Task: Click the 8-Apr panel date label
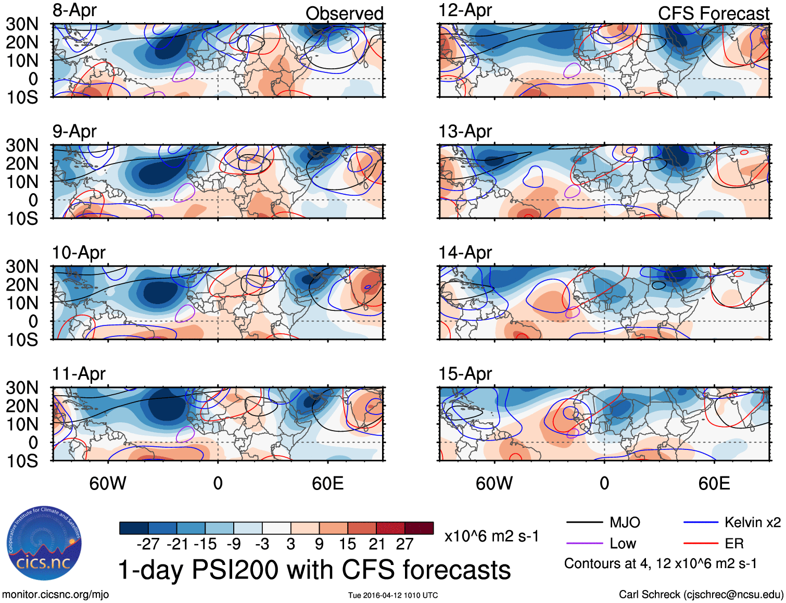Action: click(x=74, y=10)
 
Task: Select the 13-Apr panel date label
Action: click(x=465, y=132)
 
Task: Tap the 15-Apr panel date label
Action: click(x=465, y=374)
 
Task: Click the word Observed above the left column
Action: click(x=344, y=14)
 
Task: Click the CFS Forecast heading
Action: click(x=713, y=14)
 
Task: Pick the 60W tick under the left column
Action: click(x=108, y=483)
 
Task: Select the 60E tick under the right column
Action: click(x=714, y=483)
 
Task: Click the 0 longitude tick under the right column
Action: click(x=604, y=483)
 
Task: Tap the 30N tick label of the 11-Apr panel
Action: click(x=22, y=387)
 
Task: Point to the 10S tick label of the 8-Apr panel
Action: click(x=22, y=97)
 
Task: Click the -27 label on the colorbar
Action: click(x=148, y=544)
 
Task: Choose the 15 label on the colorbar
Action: click(x=348, y=544)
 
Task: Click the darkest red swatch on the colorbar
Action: click(x=419, y=528)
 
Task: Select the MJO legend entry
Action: click(x=625, y=522)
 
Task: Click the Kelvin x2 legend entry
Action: click(x=752, y=522)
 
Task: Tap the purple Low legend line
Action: click(x=585, y=544)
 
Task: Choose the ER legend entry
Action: click(x=734, y=544)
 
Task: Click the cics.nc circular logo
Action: click(x=44, y=544)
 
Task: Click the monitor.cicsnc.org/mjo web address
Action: click(x=55, y=595)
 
